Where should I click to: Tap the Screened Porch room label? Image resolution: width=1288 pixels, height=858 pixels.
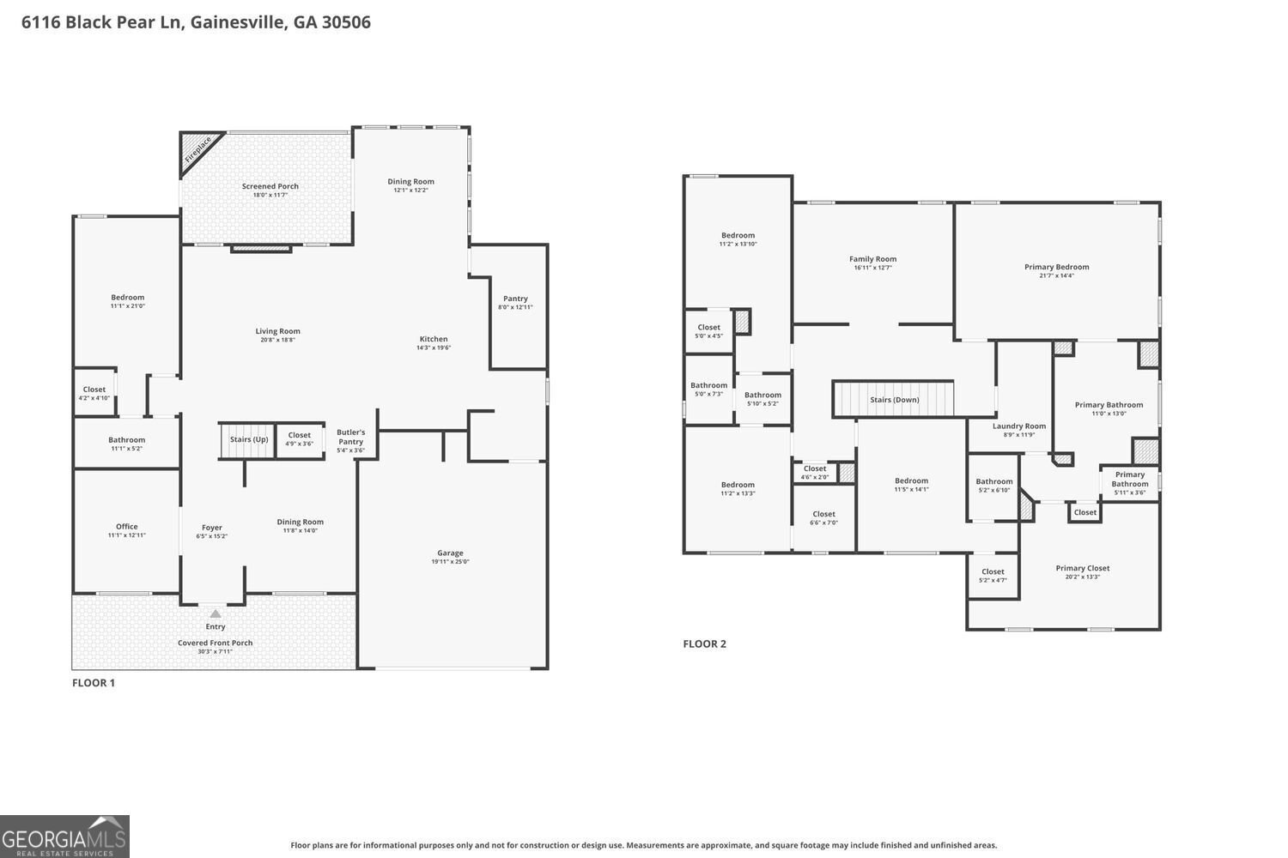[270, 186]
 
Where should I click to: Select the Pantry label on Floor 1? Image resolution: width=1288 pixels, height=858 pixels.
[515, 299]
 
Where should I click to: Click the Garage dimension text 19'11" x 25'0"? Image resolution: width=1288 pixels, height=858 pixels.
[450, 561]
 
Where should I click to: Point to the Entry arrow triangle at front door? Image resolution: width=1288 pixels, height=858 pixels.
[215, 613]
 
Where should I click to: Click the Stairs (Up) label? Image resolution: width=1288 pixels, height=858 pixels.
[249, 439]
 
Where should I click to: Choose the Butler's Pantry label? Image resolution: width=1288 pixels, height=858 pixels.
[350, 437]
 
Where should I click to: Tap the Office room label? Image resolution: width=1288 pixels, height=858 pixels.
[126, 527]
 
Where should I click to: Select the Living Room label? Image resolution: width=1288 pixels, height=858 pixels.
[277, 331]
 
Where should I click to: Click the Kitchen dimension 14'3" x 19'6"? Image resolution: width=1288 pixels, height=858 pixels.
[434, 347]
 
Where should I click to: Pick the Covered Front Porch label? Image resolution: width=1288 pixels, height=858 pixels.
[215, 643]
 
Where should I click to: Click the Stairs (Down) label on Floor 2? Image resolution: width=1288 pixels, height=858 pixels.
[894, 400]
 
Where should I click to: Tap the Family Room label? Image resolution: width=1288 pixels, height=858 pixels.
[873, 259]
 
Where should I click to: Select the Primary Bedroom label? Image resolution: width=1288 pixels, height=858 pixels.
[1056, 267]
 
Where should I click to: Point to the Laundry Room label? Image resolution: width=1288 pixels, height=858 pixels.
[1019, 426]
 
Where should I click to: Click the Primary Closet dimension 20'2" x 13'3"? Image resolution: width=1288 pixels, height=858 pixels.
[1082, 577]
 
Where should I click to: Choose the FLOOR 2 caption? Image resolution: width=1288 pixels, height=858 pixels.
[704, 643]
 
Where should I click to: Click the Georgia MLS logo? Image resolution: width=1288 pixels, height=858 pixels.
[64, 837]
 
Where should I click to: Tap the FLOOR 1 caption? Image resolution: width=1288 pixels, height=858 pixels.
[93, 683]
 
